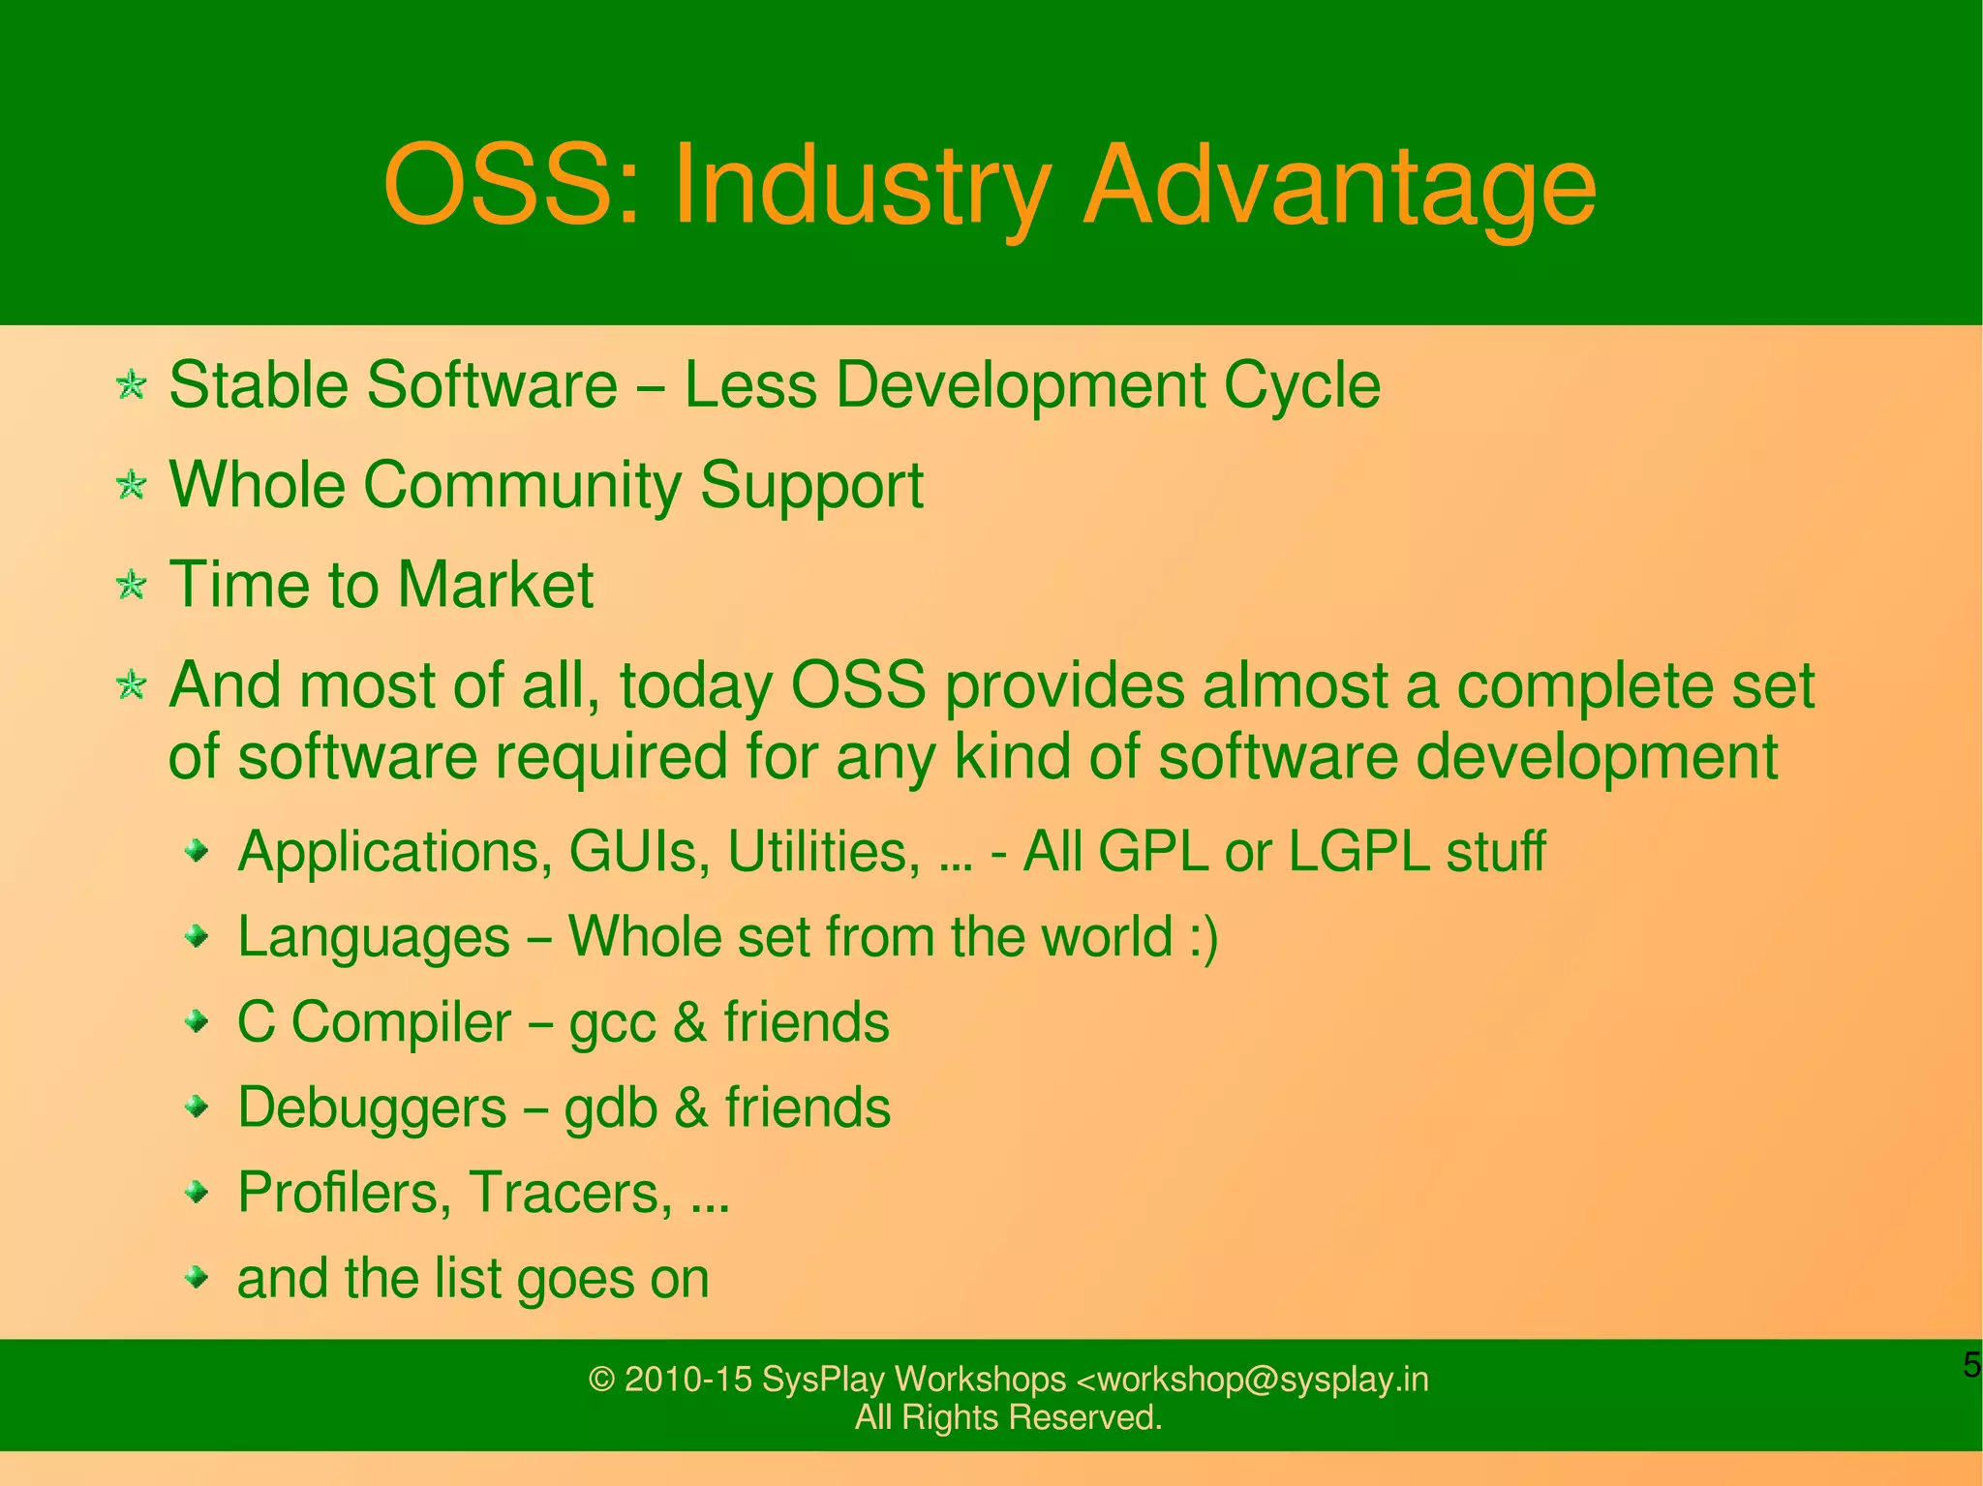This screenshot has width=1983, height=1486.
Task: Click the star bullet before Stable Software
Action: pyautogui.click(x=131, y=385)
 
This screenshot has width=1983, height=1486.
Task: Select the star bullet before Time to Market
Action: pyautogui.click(x=131, y=585)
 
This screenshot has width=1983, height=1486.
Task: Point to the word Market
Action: pyautogui.click(x=495, y=585)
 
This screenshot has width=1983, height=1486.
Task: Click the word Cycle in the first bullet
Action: pyautogui.click(x=1301, y=385)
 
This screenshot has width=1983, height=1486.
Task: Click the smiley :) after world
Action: pyautogui.click(x=1203, y=937)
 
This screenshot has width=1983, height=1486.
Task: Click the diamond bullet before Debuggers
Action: pyautogui.click(x=198, y=1106)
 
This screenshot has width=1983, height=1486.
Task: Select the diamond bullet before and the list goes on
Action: pyautogui.click(x=198, y=1277)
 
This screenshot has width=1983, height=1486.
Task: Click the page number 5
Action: pyautogui.click(x=1971, y=1365)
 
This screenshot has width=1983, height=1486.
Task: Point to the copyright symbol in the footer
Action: pyautogui.click(x=602, y=1380)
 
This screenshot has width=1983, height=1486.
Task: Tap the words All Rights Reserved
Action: pyautogui.click(x=1008, y=1417)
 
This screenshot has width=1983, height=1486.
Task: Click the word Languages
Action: pyautogui.click(x=374, y=937)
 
